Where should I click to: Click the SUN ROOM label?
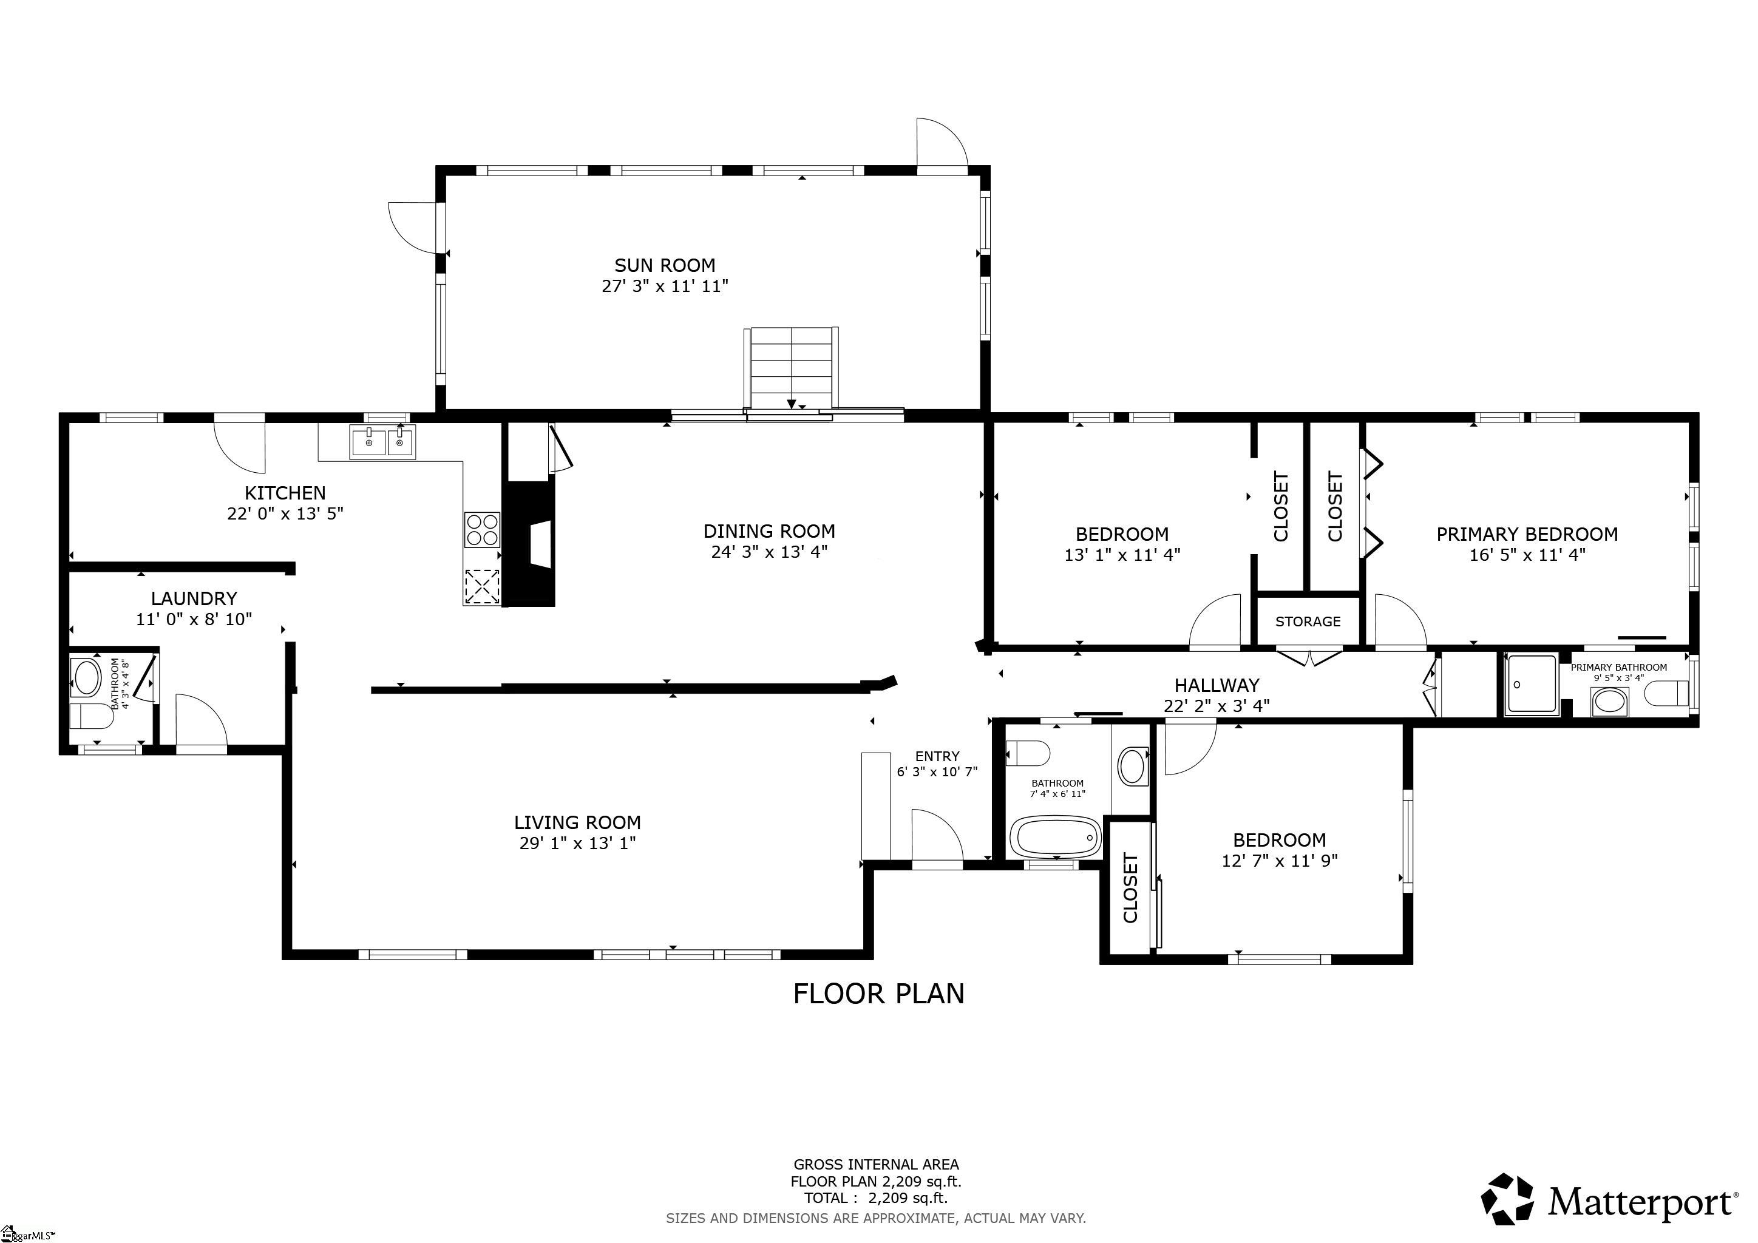(x=664, y=266)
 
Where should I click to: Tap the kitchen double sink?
(x=382, y=442)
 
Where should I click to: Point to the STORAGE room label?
(x=1307, y=621)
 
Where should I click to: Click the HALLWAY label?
(x=1217, y=685)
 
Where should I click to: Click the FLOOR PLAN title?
(x=878, y=994)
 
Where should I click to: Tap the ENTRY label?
(x=937, y=756)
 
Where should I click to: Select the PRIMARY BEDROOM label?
(x=1526, y=534)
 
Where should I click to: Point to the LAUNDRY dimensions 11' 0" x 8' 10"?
(x=194, y=619)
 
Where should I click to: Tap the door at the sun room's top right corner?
(x=941, y=143)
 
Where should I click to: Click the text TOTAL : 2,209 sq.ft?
(x=875, y=1199)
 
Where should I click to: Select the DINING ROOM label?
(x=769, y=531)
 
